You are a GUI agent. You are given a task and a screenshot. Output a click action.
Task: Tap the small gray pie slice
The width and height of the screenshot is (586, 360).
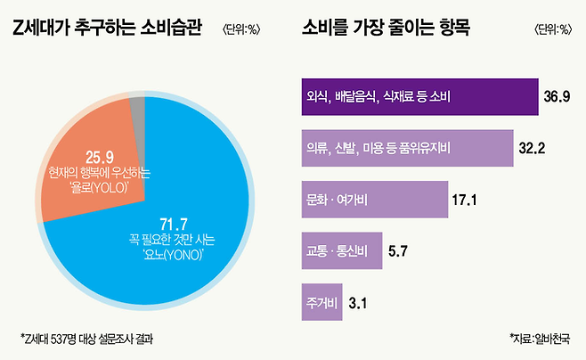137,110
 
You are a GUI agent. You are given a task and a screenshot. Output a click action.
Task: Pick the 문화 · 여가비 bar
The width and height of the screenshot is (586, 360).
370,199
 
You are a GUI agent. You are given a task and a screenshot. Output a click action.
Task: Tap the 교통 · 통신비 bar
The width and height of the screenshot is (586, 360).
337,250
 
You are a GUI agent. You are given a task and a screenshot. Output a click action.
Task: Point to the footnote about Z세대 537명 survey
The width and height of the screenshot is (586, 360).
91,339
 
